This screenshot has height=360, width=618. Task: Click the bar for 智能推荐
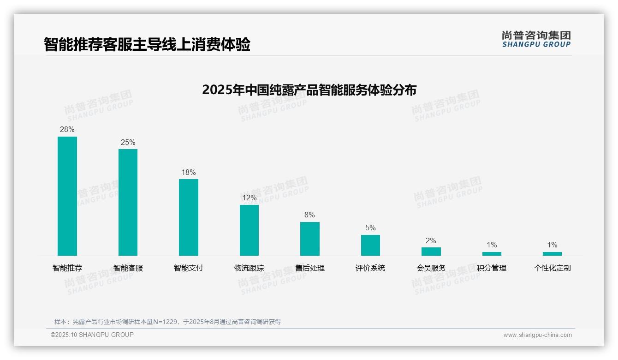pos(67,196)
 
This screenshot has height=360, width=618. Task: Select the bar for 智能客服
pos(128,202)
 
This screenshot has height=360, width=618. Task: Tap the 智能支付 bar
pos(189,217)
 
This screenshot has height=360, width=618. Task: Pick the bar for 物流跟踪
pos(249,230)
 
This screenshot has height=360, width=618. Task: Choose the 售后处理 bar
pos(309,239)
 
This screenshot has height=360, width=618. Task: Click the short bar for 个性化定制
pos(552,253)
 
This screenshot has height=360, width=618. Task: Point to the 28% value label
pos(67,129)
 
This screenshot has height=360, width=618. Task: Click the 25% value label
pos(128,142)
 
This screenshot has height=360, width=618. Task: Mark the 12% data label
pos(249,198)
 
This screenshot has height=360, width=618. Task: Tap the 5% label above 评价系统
pos(370,228)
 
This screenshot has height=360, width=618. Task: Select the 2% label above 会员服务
pos(431,240)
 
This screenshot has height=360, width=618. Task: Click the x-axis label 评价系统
pos(370,268)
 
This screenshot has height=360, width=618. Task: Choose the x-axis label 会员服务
pos(431,268)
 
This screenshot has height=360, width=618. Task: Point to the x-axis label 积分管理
pos(492,268)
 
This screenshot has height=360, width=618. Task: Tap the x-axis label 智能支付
pos(189,268)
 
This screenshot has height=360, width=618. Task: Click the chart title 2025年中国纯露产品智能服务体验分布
pos(309,90)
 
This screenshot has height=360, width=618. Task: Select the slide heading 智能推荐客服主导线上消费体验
pos(147,45)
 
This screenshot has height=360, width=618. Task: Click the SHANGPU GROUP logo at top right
pos(536,39)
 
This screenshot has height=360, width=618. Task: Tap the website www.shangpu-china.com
pos(537,335)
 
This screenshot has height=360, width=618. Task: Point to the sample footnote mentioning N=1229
pos(167,322)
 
